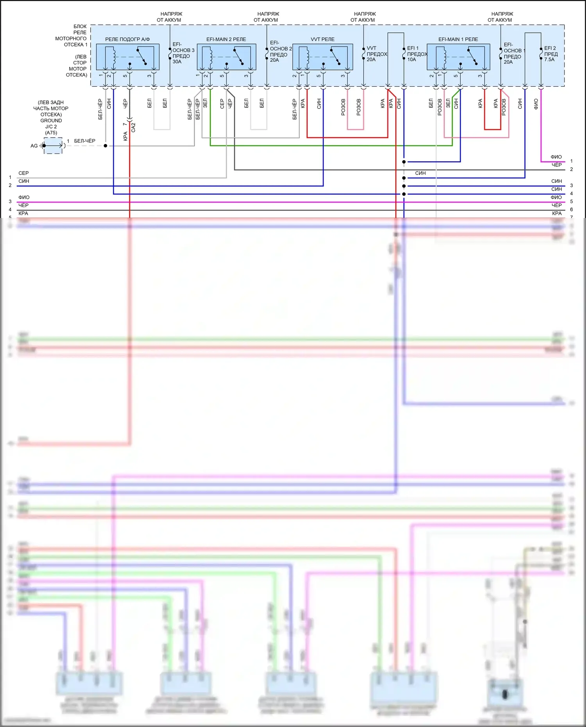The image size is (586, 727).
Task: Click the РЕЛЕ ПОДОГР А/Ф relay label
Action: (x=127, y=39)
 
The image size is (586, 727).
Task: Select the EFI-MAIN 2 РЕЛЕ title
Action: (x=226, y=39)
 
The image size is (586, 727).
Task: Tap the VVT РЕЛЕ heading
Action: (x=322, y=39)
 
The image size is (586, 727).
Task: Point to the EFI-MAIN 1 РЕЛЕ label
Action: (x=458, y=39)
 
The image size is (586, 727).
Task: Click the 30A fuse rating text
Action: (x=177, y=62)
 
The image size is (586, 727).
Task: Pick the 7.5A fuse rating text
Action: (x=549, y=60)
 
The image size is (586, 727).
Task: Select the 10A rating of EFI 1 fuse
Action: (x=412, y=60)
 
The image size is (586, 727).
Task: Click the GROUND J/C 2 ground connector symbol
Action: (x=53, y=146)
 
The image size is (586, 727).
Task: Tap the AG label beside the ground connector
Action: (x=34, y=146)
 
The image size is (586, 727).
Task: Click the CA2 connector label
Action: (x=133, y=127)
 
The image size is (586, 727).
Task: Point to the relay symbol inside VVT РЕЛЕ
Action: (x=323, y=57)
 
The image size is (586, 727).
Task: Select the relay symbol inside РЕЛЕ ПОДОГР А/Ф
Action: (x=128, y=57)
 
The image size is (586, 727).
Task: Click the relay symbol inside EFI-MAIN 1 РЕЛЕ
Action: (x=458, y=57)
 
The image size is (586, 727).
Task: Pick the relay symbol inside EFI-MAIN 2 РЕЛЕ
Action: (x=227, y=57)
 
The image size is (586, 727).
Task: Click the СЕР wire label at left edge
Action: (x=23, y=173)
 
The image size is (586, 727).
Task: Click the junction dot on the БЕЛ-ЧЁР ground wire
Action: (x=105, y=146)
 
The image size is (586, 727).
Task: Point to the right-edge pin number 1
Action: (x=571, y=161)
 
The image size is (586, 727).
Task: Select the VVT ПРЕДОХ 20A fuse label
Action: (x=376, y=54)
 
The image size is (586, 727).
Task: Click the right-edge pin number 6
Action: (x=571, y=209)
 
